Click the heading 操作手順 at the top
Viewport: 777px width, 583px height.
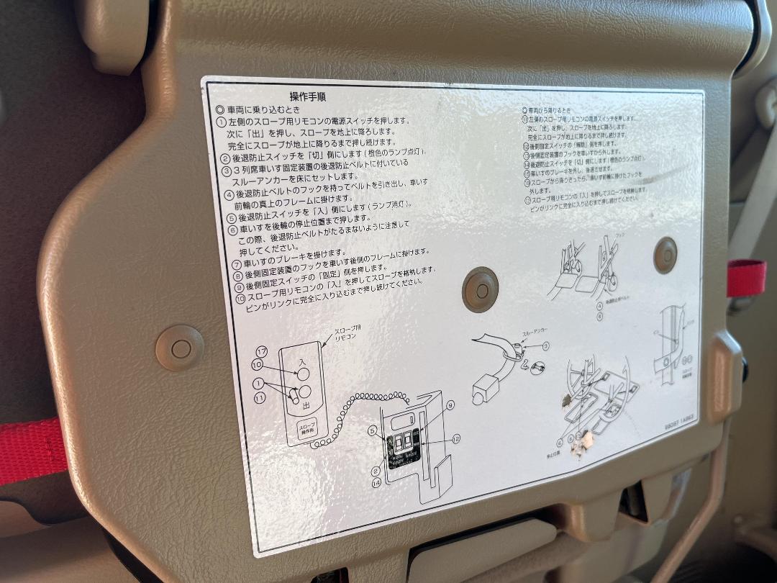(307, 97)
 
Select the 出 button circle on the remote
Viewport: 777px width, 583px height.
(305, 393)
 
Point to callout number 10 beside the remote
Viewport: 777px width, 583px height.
(257, 365)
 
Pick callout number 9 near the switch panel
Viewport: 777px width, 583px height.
(450, 405)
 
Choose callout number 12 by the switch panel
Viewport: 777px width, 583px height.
(455, 437)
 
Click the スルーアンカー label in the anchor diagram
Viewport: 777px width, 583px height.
(534, 334)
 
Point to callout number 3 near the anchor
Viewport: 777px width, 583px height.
(545, 346)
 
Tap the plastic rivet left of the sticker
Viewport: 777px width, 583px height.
(180, 348)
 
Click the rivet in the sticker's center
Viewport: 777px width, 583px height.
(480, 289)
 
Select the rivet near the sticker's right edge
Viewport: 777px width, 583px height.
(665, 255)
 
